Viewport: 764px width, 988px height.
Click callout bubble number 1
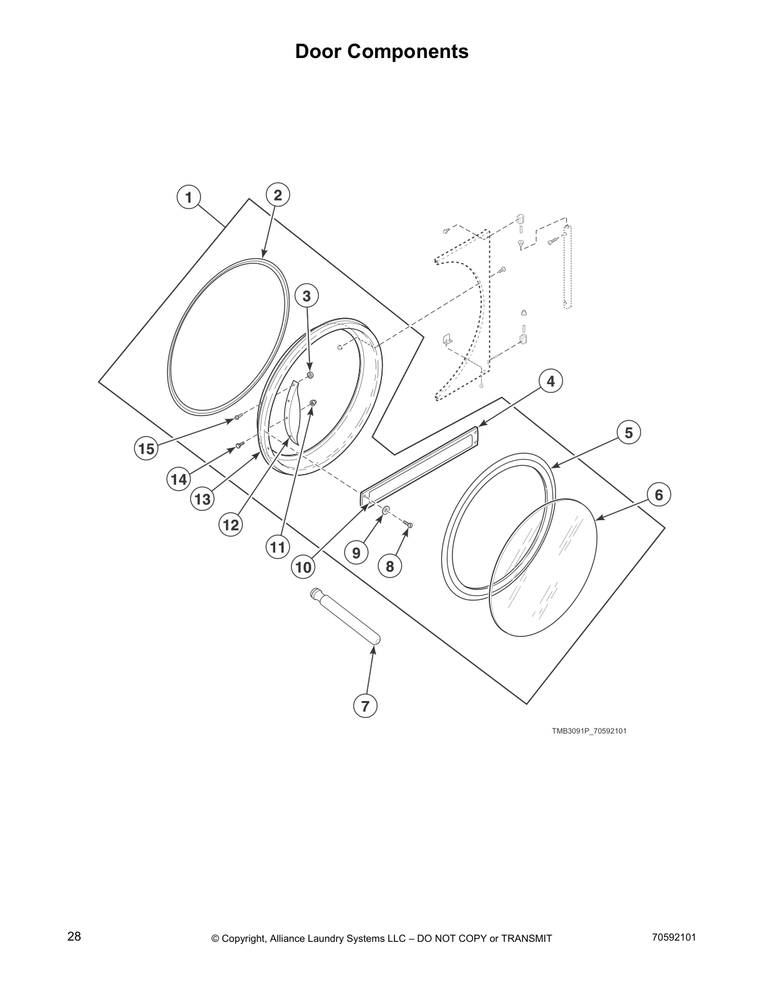[x=188, y=197]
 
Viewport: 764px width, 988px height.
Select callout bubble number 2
[x=278, y=195]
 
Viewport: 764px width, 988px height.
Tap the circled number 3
[x=306, y=296]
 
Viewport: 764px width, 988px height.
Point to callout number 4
[x=551, y=380]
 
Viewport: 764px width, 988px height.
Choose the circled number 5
[x=629, y=432]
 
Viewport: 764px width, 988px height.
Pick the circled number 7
[x=365, y=706]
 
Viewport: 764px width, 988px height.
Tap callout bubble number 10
[x=303, y=567]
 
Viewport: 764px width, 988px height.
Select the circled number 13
[x=202, y=499]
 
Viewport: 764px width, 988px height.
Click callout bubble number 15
[x=146, y=448]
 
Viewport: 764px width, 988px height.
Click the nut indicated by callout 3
[x=310, y=375]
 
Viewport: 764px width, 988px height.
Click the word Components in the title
[x=408, y=51]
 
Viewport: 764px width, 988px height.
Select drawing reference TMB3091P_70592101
[x=589, y=730]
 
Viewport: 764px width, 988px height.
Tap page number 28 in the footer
[x=74, y=937]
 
